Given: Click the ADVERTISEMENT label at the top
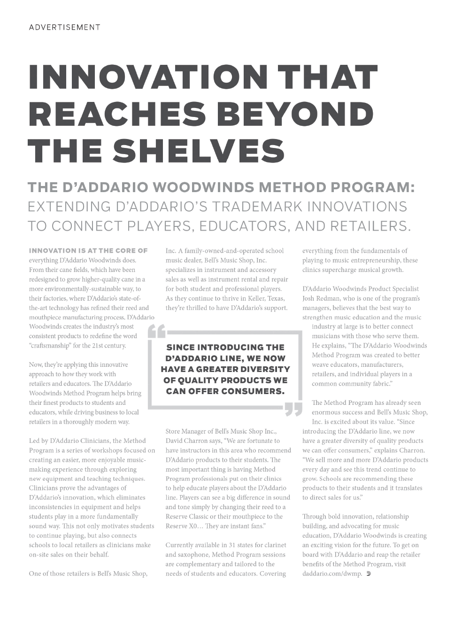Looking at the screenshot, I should pyautogui.click(x=64, y=27).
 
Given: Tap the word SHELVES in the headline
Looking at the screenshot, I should pyautogui.click(x=199, y=151).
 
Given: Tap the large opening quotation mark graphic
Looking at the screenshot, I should pyautogui.click(x=156, y=331).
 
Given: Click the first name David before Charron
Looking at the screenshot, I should pyautogui.click(x=175, y=441).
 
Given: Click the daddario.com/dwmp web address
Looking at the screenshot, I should pyautogui.click(x=332, y=573).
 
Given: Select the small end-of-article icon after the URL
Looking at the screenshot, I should pyautogui.click(x=369, y=573).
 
